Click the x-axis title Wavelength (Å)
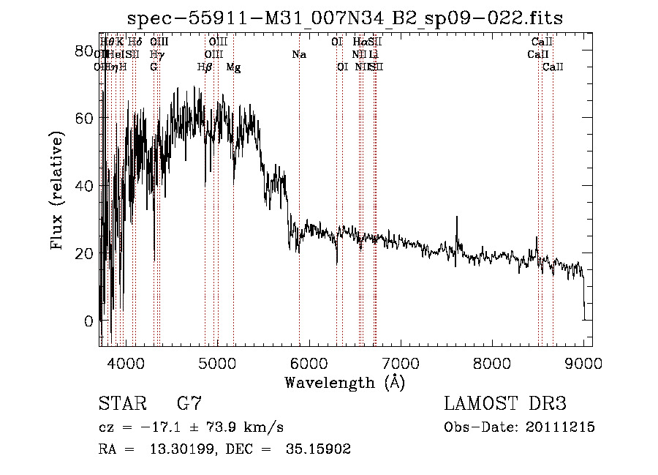pos(344,382)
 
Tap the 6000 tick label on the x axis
pos(309,362)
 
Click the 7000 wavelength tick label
pos(400,362)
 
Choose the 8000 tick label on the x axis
pos(492,362)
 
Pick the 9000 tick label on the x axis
pos(583,362)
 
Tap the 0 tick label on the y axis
pos(88,321)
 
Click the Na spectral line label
pos(298,55)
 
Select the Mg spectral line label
pos(233,67)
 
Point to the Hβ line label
pos(205,67)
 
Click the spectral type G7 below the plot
pos(189,404)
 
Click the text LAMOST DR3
pos(505,404)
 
